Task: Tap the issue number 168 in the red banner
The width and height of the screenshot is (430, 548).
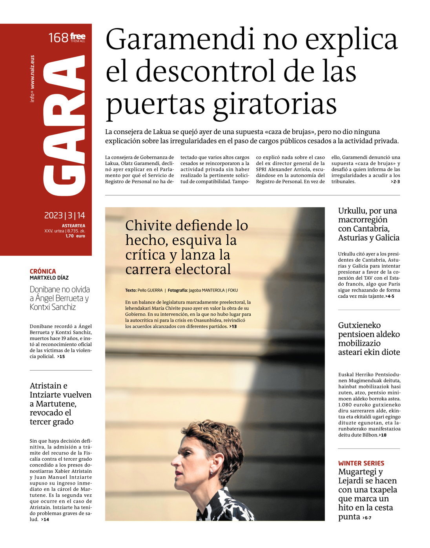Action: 58,38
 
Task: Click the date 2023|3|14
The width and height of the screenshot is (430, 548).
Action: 64,215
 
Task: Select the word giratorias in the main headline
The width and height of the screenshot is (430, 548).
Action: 275,104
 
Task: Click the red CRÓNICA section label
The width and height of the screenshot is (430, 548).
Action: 43,271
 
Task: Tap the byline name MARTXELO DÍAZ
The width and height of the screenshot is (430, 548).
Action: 49,278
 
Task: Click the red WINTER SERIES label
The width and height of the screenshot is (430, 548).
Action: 361,463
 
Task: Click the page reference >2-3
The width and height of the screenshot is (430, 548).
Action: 395,182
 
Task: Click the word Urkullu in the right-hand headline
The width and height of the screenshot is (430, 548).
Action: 353,211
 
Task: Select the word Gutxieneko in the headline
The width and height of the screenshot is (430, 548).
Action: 359,325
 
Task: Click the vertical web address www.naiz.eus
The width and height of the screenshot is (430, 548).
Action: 33,72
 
